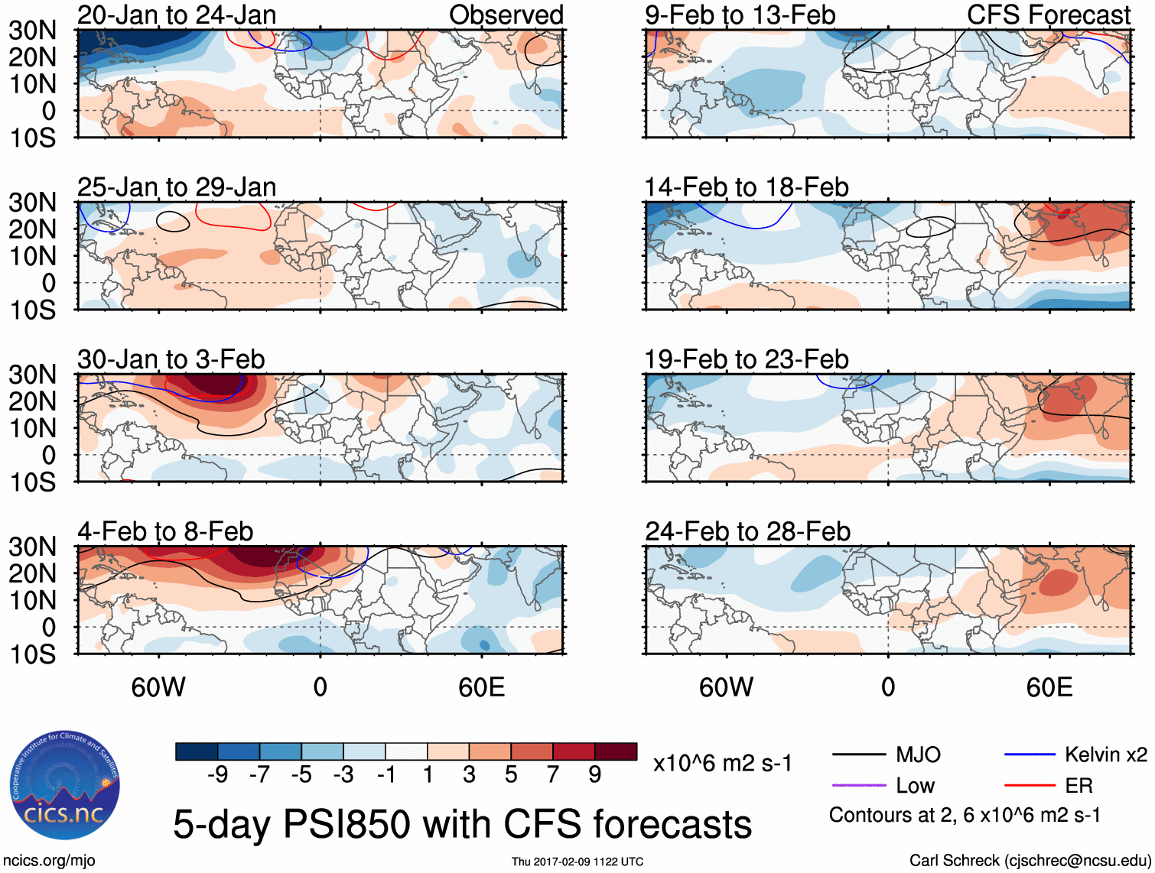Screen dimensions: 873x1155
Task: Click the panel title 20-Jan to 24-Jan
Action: pos(177,15)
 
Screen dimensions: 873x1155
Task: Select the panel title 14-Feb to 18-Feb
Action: pos(747,187)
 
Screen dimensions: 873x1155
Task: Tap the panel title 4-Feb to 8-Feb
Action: pos(165,531)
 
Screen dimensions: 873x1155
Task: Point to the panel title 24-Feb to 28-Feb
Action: pos(747,531)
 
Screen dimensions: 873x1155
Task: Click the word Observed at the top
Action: pos(506,15)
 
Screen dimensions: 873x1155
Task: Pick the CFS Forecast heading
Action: pos(1049,15)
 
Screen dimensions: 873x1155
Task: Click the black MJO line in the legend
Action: pos(858,755)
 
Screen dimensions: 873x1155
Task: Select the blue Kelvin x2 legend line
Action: pos(1030,755)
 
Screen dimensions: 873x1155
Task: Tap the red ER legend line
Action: pos(1030,786)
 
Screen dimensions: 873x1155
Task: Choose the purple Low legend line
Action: pos(858,786)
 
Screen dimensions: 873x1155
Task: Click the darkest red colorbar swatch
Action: pos(616,751)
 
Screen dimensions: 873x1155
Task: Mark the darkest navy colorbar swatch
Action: pos(197,751)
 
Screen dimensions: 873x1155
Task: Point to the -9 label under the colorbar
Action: pos(218,775)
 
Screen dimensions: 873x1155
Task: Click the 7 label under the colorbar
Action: pos(553,775)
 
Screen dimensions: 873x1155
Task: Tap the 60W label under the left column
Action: pos(158,687)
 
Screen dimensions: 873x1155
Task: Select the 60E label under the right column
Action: pos(1049,687)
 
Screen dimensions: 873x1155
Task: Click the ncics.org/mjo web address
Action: pos(48,861)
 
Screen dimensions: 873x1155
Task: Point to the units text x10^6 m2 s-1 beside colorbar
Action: pos(722,763)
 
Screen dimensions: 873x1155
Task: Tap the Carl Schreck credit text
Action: pos(1030,861)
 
